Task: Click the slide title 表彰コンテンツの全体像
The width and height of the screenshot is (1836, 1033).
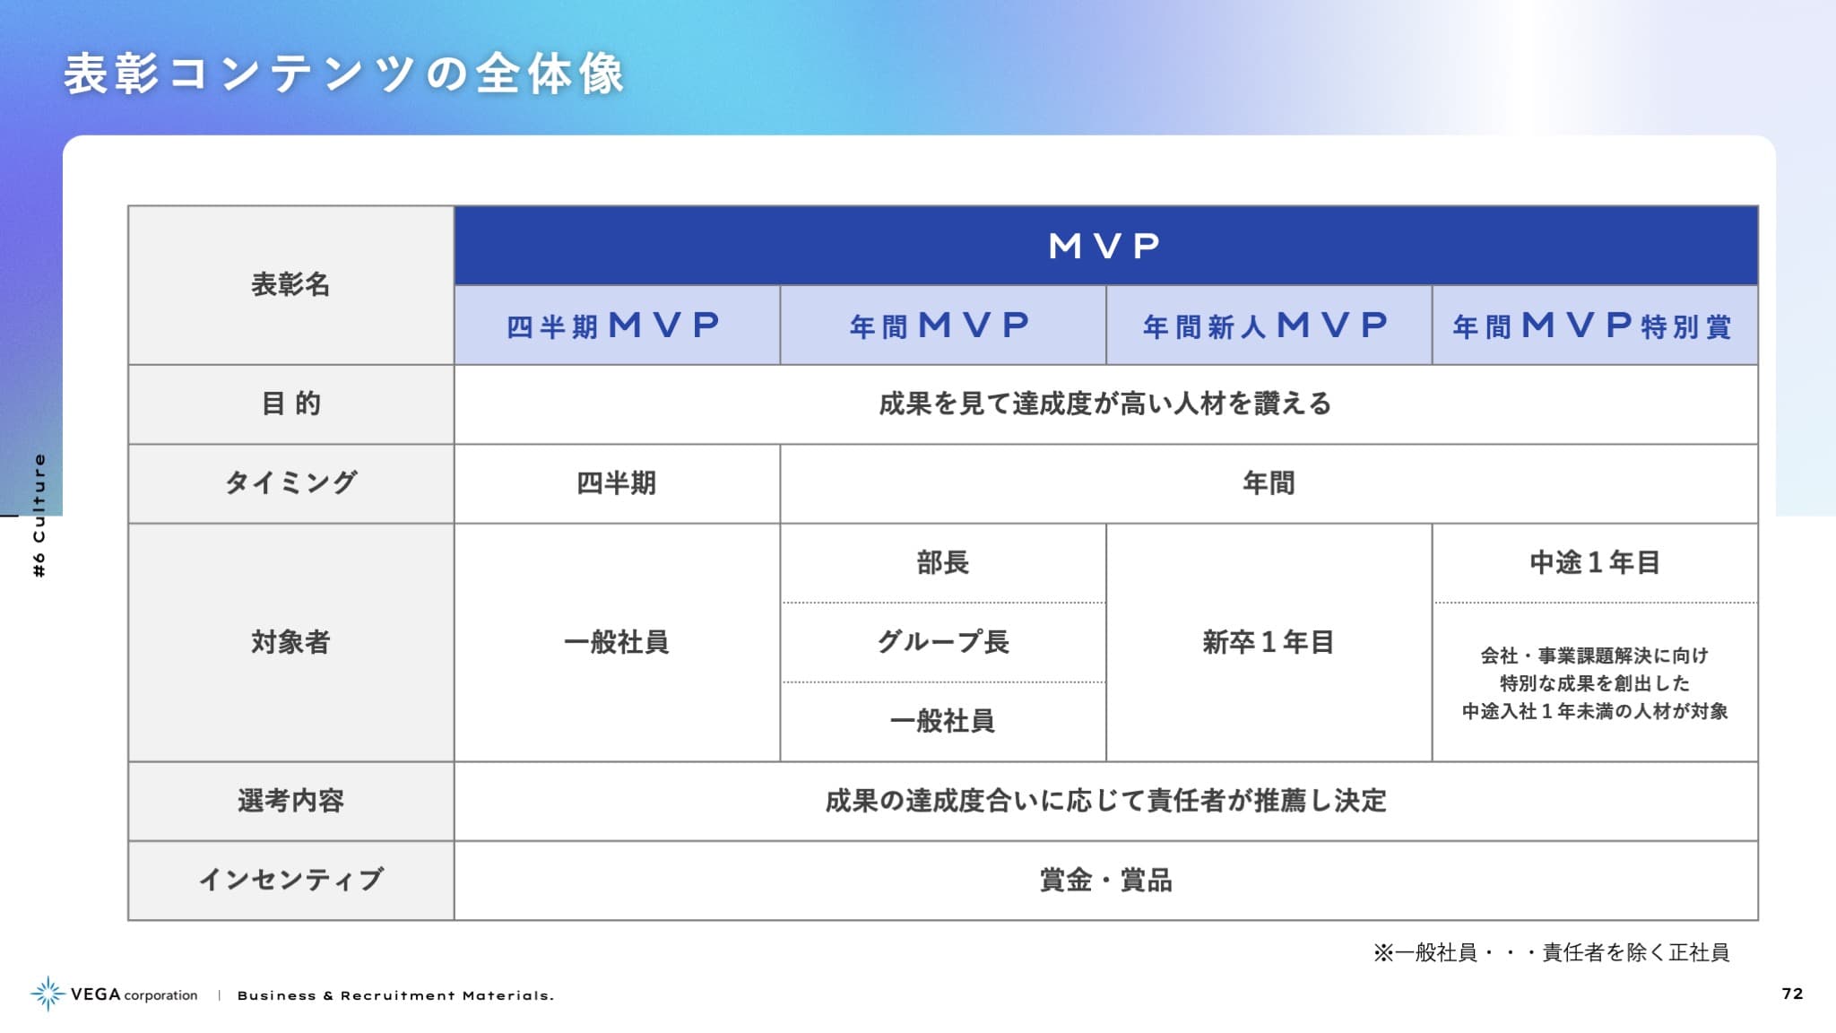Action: [344, 74]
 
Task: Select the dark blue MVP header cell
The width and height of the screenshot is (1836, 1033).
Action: [1105, 246]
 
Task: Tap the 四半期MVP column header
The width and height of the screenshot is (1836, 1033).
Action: [617, 325]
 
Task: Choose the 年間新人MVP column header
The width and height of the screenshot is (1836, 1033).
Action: [1269, 325]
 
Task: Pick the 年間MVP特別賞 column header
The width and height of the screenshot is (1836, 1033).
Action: [1594, 325]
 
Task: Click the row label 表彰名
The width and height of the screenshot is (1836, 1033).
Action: [290, 284]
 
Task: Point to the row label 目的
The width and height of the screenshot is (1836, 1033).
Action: [290, 404]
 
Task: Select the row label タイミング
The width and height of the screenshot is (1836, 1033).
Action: [290, 482]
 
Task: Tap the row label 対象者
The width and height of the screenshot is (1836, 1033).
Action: [290, 642]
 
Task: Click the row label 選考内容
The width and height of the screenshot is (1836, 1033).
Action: [290, 801]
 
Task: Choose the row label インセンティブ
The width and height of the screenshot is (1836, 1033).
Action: [290, 880]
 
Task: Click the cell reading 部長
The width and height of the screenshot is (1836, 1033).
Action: [943, 562]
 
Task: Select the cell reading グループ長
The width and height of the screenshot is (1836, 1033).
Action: [943, 642]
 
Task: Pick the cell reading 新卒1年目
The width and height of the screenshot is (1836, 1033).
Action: [1269, 642]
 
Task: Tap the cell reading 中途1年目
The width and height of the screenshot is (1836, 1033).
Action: [1595, 562]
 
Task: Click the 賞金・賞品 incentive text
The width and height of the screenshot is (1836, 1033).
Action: [1105, 880]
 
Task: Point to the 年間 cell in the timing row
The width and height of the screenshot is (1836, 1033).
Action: [1269, 483]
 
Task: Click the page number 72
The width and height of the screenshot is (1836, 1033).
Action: [1792, 994]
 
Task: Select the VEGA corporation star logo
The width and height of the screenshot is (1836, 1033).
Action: [48, 994]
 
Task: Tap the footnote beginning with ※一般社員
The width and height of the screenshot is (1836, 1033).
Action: [1551, 952]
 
